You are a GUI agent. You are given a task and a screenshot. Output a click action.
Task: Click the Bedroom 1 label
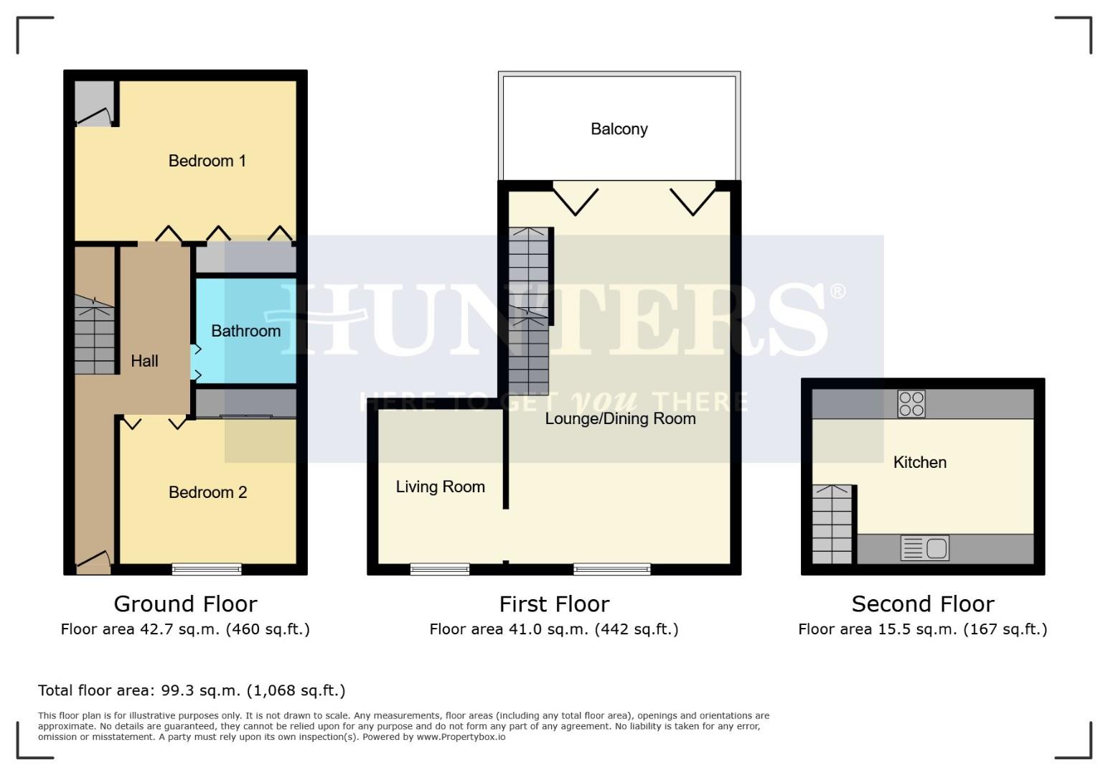(207, 161)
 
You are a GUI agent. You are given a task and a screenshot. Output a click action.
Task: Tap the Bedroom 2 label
(207, 492)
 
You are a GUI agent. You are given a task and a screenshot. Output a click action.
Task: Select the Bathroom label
(245, 331)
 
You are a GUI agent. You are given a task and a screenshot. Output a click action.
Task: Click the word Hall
(144, 361)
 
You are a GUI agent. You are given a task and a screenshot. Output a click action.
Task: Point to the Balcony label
(619, 129)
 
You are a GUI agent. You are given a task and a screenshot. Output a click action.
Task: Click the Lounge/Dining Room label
(620, 418)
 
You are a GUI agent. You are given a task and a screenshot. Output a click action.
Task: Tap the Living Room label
(440, 487)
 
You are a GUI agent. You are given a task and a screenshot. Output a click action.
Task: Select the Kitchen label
(919, 462)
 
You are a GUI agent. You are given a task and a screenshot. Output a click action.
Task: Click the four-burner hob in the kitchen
(911, 404)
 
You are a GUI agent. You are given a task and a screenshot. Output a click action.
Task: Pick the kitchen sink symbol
(925, 548)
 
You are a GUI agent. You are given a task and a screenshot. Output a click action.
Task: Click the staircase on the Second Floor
(832, 524)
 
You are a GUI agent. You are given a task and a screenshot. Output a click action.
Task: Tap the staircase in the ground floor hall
(95, 336)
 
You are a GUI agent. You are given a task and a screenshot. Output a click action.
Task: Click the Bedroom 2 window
(207, 569)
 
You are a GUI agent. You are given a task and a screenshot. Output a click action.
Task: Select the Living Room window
(440, 569)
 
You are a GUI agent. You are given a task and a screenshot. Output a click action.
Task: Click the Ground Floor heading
(185, 603)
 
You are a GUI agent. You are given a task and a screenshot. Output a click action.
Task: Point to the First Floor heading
(554, 603)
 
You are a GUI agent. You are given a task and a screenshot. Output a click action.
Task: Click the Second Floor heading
(922, 603)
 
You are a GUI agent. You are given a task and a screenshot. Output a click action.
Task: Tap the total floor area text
(192, 690)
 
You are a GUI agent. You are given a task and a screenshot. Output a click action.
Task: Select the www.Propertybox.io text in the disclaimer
(461, 737)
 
